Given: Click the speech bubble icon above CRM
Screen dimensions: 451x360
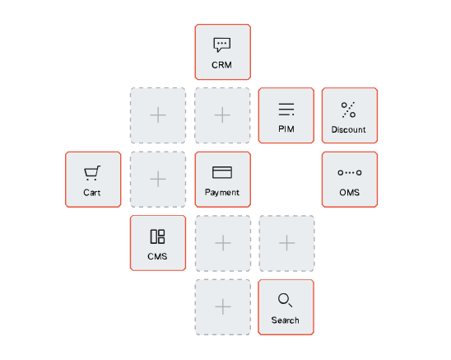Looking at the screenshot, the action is [x=221, y=44].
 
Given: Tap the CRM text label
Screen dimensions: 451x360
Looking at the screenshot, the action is [x=221, y=65].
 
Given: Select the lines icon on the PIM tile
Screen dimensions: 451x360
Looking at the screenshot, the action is [x=286, y=110].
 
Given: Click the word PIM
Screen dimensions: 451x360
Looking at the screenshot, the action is [x=286, y=129].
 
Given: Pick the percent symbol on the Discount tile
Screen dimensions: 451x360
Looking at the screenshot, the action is [x=349, y=110].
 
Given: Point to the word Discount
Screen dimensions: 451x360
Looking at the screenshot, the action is [x=349, y=129].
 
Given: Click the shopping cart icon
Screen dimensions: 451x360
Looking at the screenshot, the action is [x=92, y=173].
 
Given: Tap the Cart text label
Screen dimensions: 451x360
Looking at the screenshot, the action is [x=92, y=193].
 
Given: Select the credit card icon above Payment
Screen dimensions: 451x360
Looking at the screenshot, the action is [x=222, y=172].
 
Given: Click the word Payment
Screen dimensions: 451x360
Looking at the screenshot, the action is [x=222, y=193].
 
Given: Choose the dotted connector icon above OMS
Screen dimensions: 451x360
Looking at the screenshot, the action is [x=350, y=172].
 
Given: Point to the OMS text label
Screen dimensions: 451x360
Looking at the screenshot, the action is [x=350, y=193].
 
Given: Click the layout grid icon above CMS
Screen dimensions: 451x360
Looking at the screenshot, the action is [x=158, y=236].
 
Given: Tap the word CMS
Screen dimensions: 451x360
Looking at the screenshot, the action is [x=157, y=256].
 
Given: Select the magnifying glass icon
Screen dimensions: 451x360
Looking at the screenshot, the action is [x=285, y=300].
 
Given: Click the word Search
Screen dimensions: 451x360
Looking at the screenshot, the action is [x=285, y=320].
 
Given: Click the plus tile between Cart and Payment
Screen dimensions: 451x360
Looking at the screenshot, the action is [x=158, y=179].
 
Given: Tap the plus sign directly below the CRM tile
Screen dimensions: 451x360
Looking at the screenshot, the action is [x=222, y=115].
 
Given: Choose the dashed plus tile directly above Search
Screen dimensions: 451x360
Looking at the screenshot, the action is [x=286, y=243].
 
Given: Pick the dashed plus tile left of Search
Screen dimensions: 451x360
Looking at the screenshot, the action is [x=223, y=307].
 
